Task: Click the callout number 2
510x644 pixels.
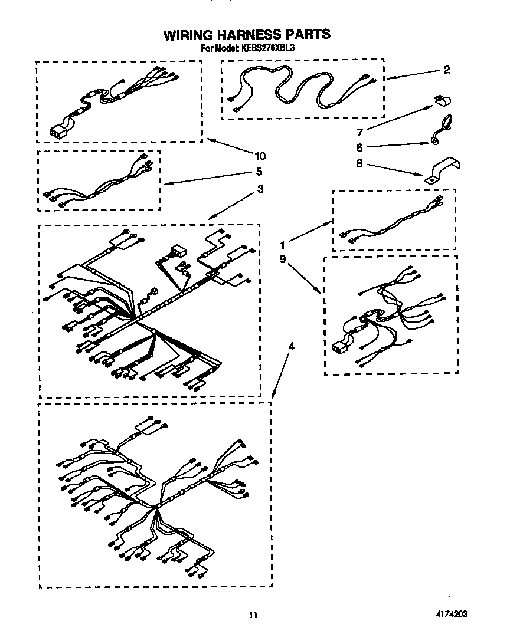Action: click(x=446, y=70)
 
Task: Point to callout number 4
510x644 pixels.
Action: click(x=291, y=346)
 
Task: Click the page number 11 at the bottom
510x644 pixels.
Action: click(x=253, y=615)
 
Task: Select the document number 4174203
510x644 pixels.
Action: click(x=452, y=614)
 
